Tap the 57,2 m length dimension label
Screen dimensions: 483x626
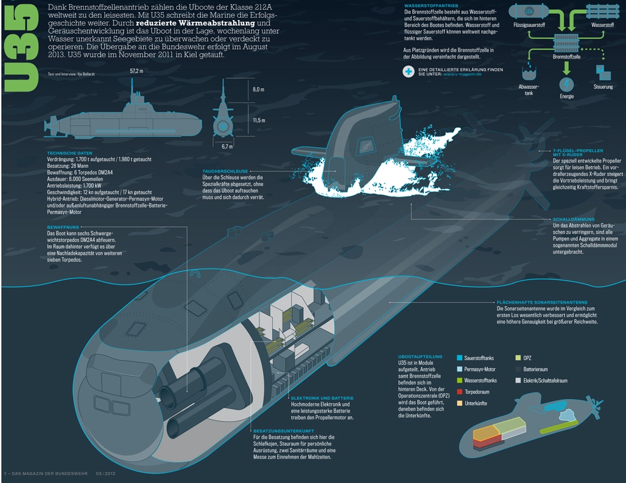point(136,71)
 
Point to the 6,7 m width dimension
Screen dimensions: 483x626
point(227,146)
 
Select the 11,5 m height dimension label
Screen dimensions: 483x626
point(259,120)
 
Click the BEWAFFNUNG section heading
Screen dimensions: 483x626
point(63,227)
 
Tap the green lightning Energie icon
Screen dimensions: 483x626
point(566,84)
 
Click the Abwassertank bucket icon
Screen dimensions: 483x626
point(527,74)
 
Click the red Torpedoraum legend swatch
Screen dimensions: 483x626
point(459,392)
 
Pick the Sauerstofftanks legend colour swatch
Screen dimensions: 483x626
point(459,358)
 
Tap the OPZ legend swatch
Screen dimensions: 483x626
point(518,358)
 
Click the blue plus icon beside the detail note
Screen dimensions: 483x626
point(408,72)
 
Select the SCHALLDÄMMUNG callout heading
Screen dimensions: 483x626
point(573,219)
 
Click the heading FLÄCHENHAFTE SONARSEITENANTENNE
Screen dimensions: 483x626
point(542,302)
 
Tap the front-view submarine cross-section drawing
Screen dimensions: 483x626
point(223,119)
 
